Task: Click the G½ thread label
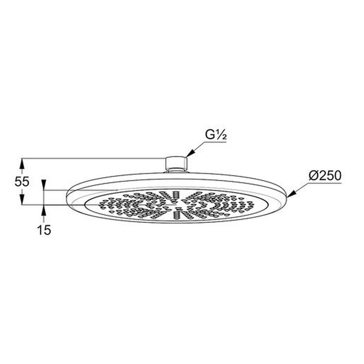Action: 216,135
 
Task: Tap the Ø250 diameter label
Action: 325,176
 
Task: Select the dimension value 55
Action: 22,182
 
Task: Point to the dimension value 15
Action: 44,230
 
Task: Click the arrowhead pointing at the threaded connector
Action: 190,153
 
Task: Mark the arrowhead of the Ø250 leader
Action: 291,194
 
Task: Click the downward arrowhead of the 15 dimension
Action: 44,185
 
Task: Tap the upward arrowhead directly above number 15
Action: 44,210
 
